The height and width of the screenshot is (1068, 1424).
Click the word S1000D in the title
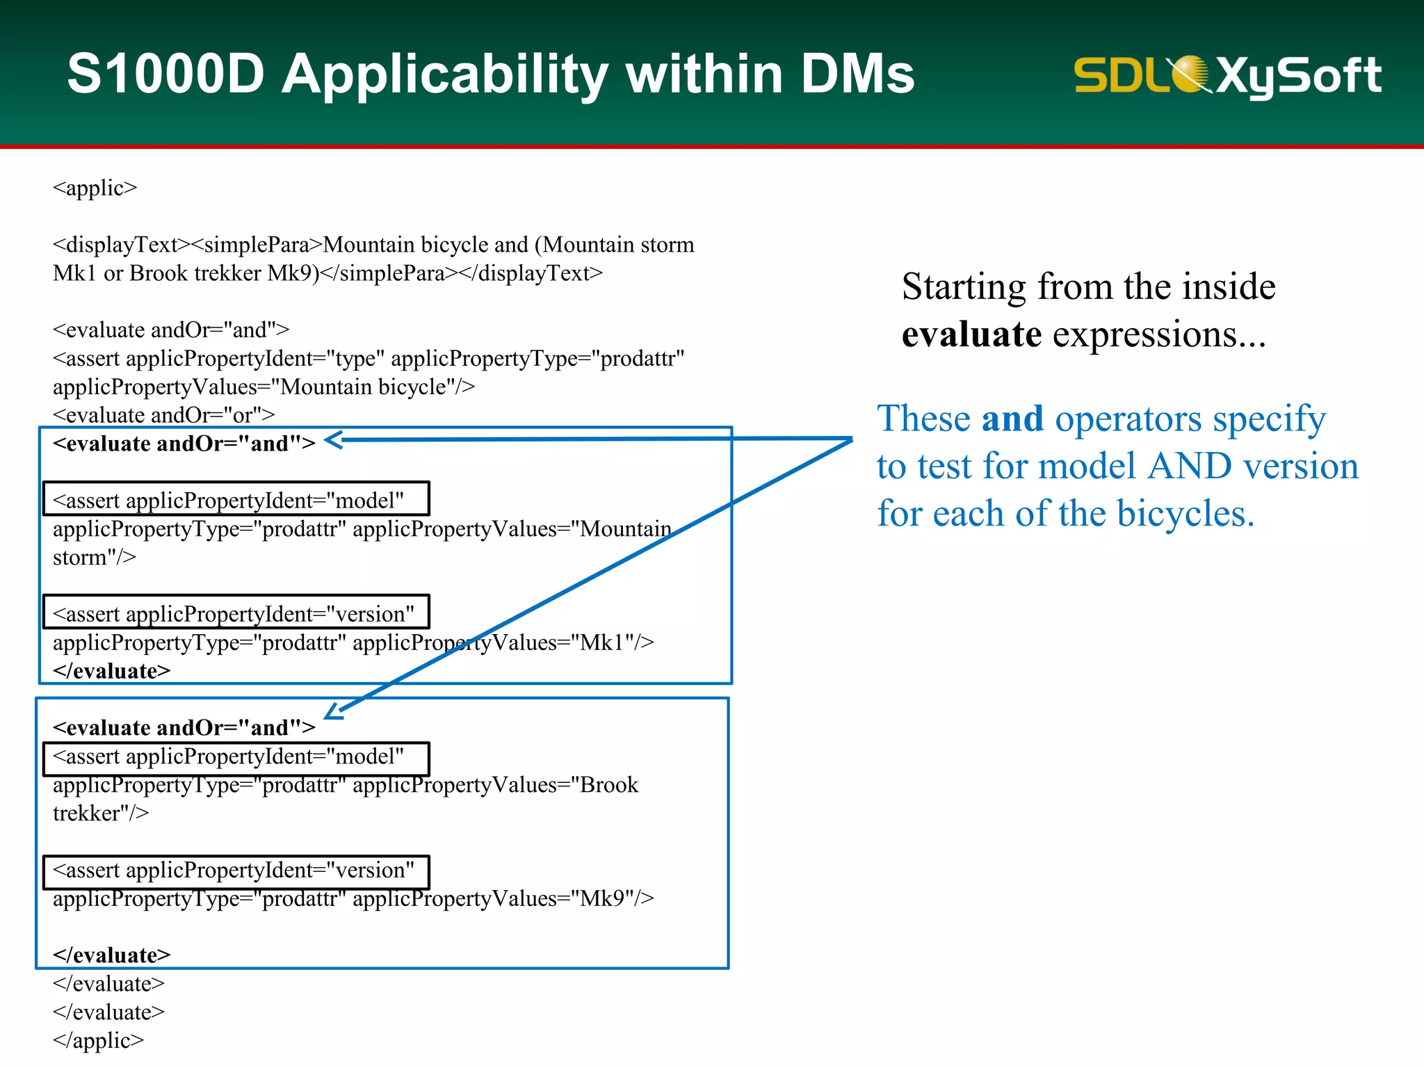(165, 74)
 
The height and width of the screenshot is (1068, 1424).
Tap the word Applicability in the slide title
(445, 75)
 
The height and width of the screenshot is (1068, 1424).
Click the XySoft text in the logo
(1297, 75)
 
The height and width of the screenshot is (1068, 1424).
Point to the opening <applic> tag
(95, 188)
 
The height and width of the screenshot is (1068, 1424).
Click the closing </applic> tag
(98, 1040)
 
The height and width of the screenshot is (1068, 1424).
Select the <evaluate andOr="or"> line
(164, 415)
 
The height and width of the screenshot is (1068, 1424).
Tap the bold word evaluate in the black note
(971, 334)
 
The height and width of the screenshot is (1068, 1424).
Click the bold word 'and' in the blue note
(1012, 419)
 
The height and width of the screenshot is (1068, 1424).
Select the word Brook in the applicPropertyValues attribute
(609, 785)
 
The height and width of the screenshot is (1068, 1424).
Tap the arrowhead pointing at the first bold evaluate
(334, 440)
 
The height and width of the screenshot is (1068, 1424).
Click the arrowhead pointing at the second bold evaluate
(334, 711)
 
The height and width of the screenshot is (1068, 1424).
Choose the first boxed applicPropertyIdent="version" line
(236, 614)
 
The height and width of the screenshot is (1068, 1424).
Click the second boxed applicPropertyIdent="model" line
(236, 756)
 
